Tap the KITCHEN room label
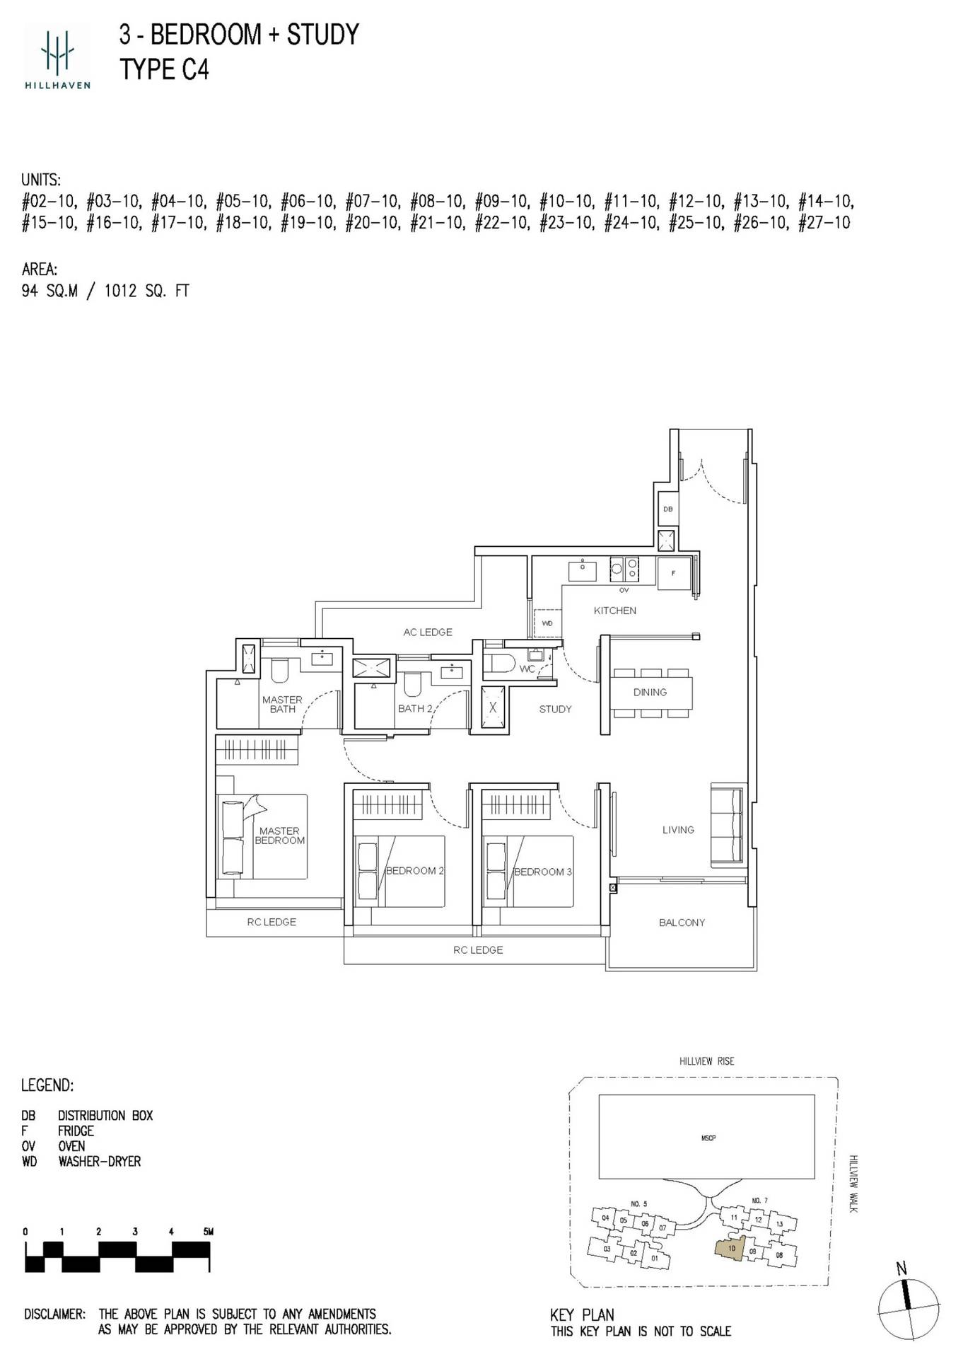(x=614, y=611)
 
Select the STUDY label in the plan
(x=555, y=709)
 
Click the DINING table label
(x=650, y=693)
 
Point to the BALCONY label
(x=682, y=923)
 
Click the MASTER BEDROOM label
(x=279, y=836)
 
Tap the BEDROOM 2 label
(x=414, y=871)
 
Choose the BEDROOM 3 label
(x=542, y=872)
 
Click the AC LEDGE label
(x=427, y=632)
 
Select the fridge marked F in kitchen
(x=673, y=573)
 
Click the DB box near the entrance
(x=667, y=509)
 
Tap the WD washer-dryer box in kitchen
(x=547, y=623)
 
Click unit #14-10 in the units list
(x=825, y=202)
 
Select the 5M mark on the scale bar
(x=207, y=1231)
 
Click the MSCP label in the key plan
(x=708, y=1138)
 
